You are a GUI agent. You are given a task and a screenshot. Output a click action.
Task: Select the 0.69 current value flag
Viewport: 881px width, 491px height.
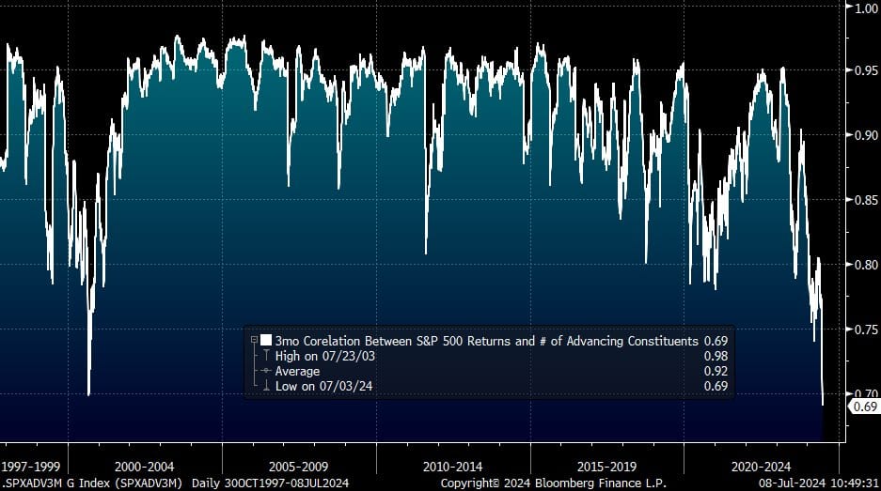coord(864,407)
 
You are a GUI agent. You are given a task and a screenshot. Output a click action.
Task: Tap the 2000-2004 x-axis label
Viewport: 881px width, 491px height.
coord(145,466)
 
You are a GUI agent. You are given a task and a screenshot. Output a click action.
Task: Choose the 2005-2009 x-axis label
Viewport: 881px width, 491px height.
coord(299,466)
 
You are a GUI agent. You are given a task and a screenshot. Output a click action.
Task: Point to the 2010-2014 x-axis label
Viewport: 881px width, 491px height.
coord(453,466)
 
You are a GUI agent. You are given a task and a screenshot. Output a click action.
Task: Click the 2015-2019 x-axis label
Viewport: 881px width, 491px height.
coord(606,466)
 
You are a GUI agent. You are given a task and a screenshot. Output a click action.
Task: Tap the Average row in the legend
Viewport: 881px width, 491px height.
coord(297,371)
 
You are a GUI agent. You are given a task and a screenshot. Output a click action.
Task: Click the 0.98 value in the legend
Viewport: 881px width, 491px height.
coord(716,356)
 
